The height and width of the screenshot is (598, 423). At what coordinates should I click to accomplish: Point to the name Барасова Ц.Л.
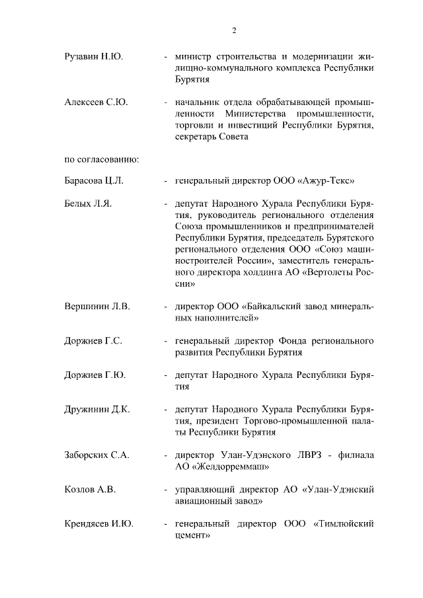(94, 181)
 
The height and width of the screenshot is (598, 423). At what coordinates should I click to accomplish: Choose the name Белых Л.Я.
(89, 204)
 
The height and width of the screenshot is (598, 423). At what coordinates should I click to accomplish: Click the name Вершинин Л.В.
(97, 307)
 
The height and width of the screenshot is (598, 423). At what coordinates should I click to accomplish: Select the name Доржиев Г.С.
(93, 341)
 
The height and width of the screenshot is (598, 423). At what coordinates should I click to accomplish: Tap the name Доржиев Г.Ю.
(95, 375)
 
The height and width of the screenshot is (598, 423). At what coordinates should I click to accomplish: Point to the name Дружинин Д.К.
(97, 410)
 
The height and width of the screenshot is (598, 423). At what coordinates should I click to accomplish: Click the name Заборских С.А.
(96, 455)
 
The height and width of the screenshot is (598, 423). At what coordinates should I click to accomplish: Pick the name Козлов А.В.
(90, 490)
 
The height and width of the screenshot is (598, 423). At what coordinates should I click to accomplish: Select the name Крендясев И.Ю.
(99, 524)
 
